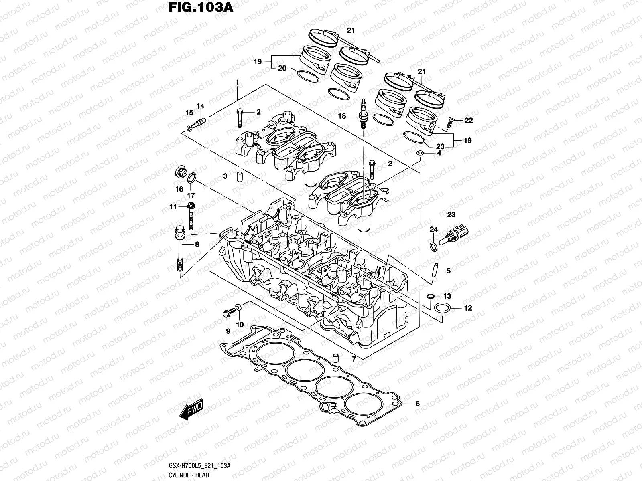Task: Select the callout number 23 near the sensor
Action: [x=451, y=215]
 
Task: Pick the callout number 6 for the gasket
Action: [x=417, y=404]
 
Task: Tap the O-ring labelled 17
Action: [x=192, y=177]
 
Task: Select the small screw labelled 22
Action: [x=450, y=123]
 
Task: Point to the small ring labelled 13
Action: [x=430, y=296]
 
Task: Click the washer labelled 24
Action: [x=433, y=246]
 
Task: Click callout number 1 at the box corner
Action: [x=237, y=82]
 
